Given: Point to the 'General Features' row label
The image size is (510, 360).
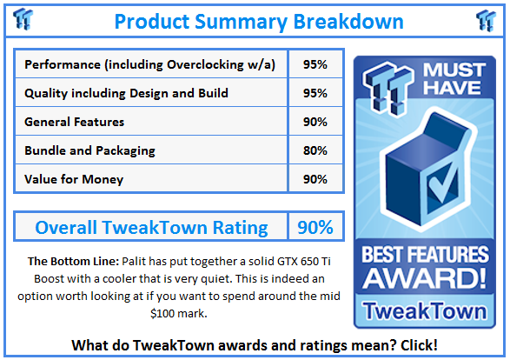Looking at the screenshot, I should click(x=75, y=122).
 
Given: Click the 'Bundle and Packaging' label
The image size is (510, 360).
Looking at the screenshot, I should click(x=89, y=150).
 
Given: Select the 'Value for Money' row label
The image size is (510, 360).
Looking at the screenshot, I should click(x=74, y=179).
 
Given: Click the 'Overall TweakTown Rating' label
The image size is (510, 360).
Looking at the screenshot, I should click(x=151, y=228).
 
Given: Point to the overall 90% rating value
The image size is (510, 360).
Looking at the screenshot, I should click(x=314, y=228).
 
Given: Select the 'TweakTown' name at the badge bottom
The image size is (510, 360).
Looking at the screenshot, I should click(x=425, y=310).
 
